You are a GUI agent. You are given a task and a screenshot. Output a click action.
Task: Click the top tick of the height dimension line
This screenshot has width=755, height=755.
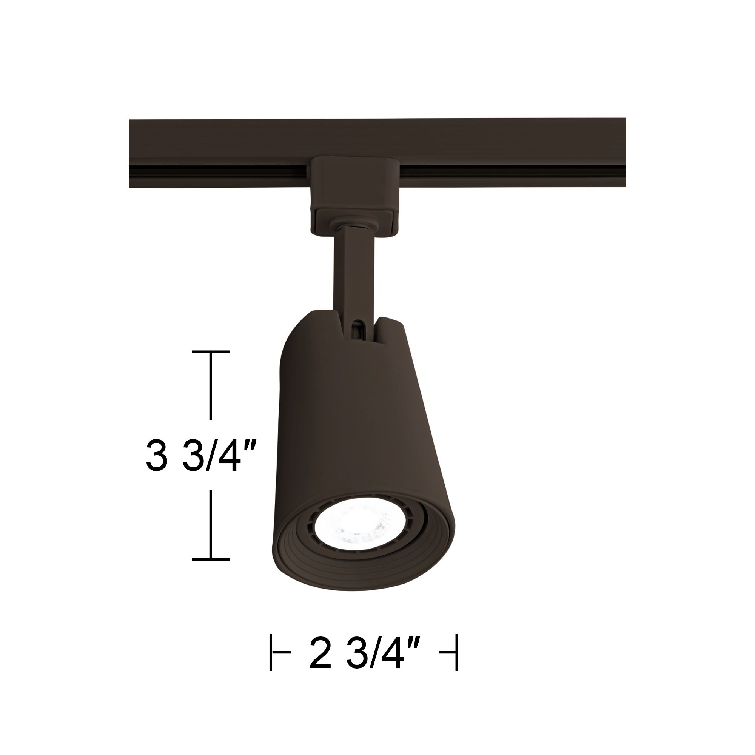pos(211,352)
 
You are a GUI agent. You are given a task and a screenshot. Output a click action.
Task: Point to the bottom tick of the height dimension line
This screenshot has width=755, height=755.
pos(211,559)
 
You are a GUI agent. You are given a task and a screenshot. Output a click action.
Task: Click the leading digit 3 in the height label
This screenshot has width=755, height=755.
pos(157,456)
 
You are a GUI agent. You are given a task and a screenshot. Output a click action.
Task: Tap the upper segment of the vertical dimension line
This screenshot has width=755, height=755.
pos(211,385)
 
